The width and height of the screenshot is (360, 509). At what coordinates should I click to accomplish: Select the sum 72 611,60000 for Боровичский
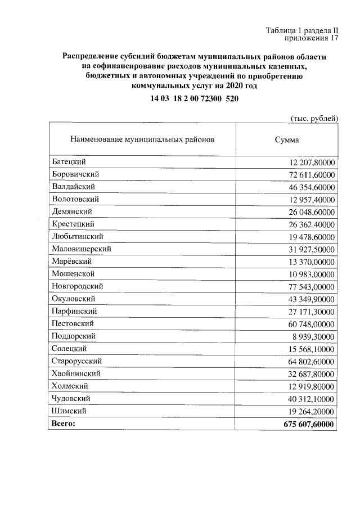[x=309, y=174]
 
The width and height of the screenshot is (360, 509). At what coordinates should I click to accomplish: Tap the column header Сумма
[x=287, y=139]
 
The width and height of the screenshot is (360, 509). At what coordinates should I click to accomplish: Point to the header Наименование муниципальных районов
[x=142, y=139]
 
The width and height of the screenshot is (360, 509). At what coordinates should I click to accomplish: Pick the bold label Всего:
[x=62, y=423]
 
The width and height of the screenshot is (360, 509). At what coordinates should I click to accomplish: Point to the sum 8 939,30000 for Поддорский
[x=312, y=336]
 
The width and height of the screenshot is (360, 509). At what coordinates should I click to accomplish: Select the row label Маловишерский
[x=81, y=249]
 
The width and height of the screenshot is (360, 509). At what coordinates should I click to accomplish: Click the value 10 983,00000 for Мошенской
[x=309, y=274]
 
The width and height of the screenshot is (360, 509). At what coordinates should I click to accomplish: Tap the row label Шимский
[x=69, y=411]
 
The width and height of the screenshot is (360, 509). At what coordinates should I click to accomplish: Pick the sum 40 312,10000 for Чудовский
[x=309, y=398]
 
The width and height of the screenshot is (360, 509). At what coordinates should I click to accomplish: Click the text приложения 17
[x=311, y=39]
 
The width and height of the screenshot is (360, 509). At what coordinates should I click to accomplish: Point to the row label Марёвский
[x=71, y=261]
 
